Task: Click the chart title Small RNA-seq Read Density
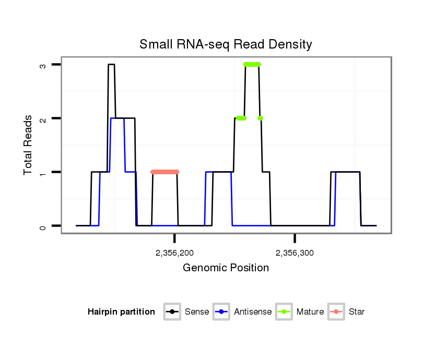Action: tap(226, 44)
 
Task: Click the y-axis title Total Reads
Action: tap(29, 145)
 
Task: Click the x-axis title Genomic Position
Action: tap(226, 268)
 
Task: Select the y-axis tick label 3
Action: tap(44, 65)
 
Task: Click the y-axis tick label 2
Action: tap(44, 118)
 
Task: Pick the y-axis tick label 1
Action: tap(44, 172)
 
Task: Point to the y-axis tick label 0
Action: tap(44, 226)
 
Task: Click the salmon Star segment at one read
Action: tap(164, 172)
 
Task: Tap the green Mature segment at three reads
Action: tap(252, 64)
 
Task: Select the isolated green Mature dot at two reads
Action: tap(260, 118)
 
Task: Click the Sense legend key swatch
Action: tap(172, 312)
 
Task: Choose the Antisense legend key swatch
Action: tap(221, 312)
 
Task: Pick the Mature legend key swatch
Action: tap(284, 312)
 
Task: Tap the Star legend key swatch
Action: tap(336, 312)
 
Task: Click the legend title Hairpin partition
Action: tap(121, 312)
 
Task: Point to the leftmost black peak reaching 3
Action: tap(111, 65)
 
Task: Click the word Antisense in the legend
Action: tap(253, 312)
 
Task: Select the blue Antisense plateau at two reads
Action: tap(118, 118)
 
